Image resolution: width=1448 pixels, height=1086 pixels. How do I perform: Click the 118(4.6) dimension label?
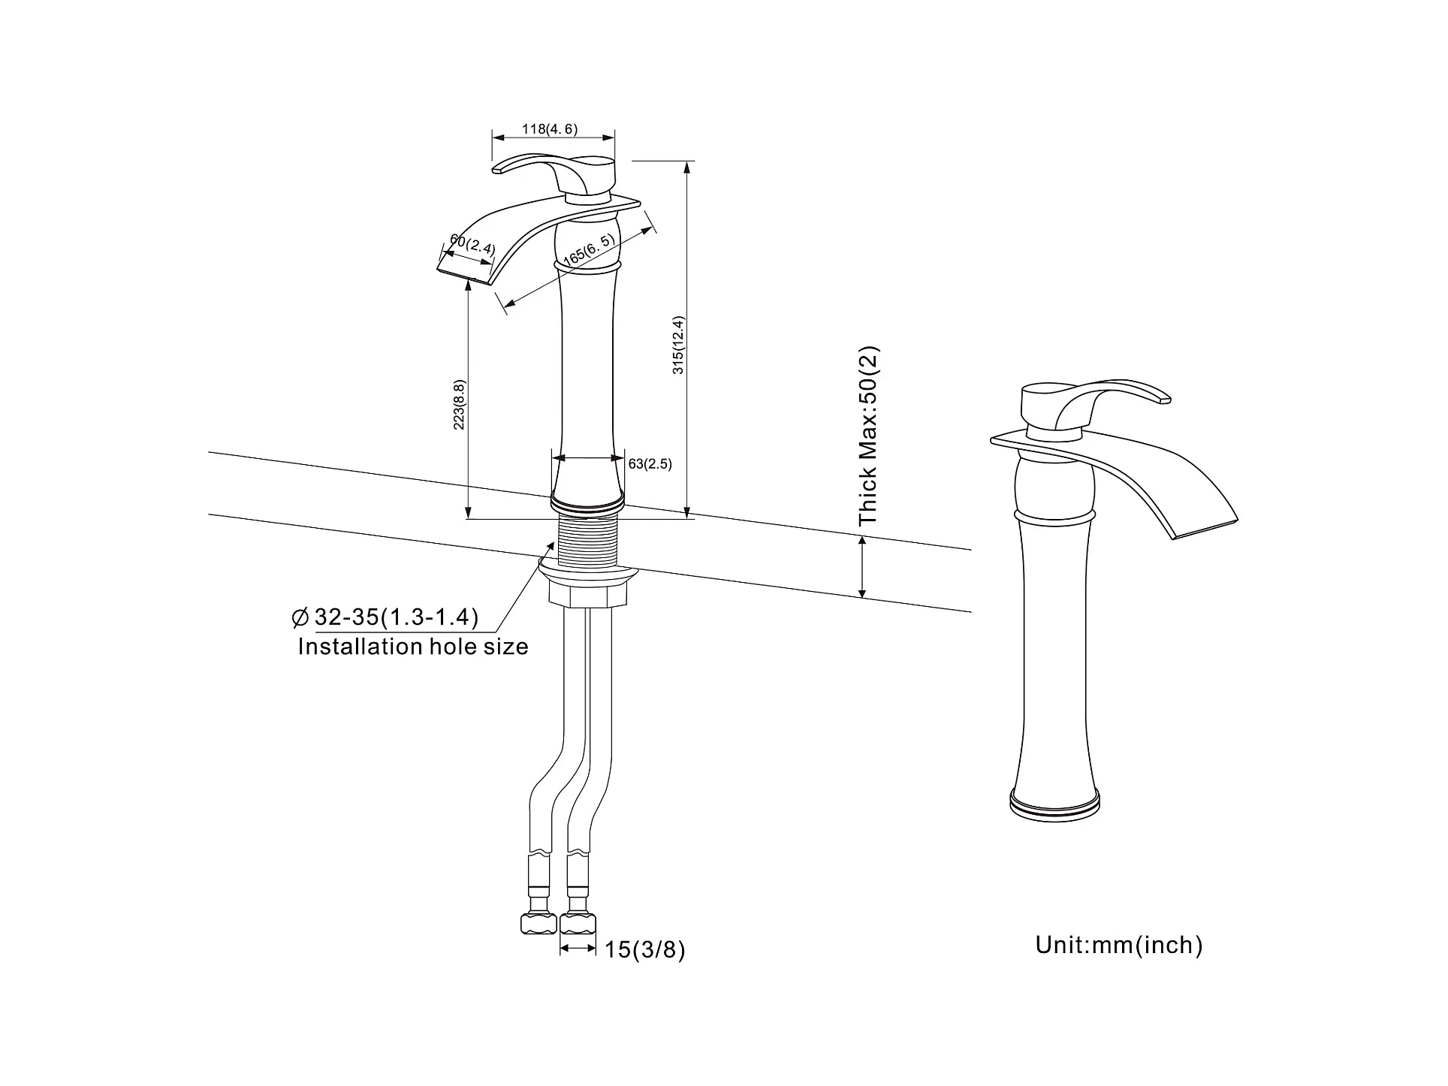point(551,129)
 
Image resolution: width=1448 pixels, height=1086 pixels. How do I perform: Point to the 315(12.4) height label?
point(678,345)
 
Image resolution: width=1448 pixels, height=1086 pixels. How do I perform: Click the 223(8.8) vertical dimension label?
point(459,406)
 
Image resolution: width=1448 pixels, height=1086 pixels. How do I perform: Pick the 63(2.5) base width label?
point(650,464)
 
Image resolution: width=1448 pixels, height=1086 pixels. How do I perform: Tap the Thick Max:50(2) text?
point(868,436)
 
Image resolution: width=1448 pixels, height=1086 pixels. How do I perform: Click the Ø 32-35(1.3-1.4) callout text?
point(385,617)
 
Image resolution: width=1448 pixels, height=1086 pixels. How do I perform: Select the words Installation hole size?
point(413,647)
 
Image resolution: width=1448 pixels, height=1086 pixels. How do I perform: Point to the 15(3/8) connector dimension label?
point(645,950)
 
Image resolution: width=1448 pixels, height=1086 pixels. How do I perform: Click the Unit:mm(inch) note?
point(1119,945)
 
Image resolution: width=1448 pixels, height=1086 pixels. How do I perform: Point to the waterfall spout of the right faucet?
point(1172,488)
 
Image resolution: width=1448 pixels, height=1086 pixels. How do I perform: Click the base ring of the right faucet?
point(1056,804)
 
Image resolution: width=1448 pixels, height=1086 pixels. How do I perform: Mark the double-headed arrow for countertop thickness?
point(862,568)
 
